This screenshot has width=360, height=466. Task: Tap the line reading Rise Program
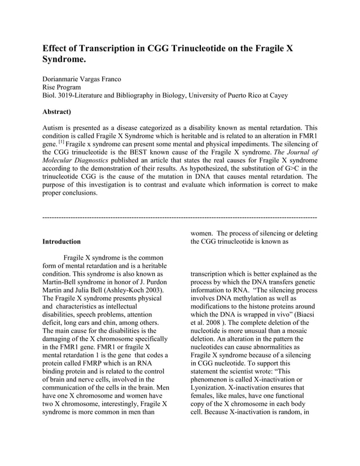pos(62,87)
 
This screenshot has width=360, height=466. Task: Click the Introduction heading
pos(62,241)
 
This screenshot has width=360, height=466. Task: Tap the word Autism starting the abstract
pos(55,128)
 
